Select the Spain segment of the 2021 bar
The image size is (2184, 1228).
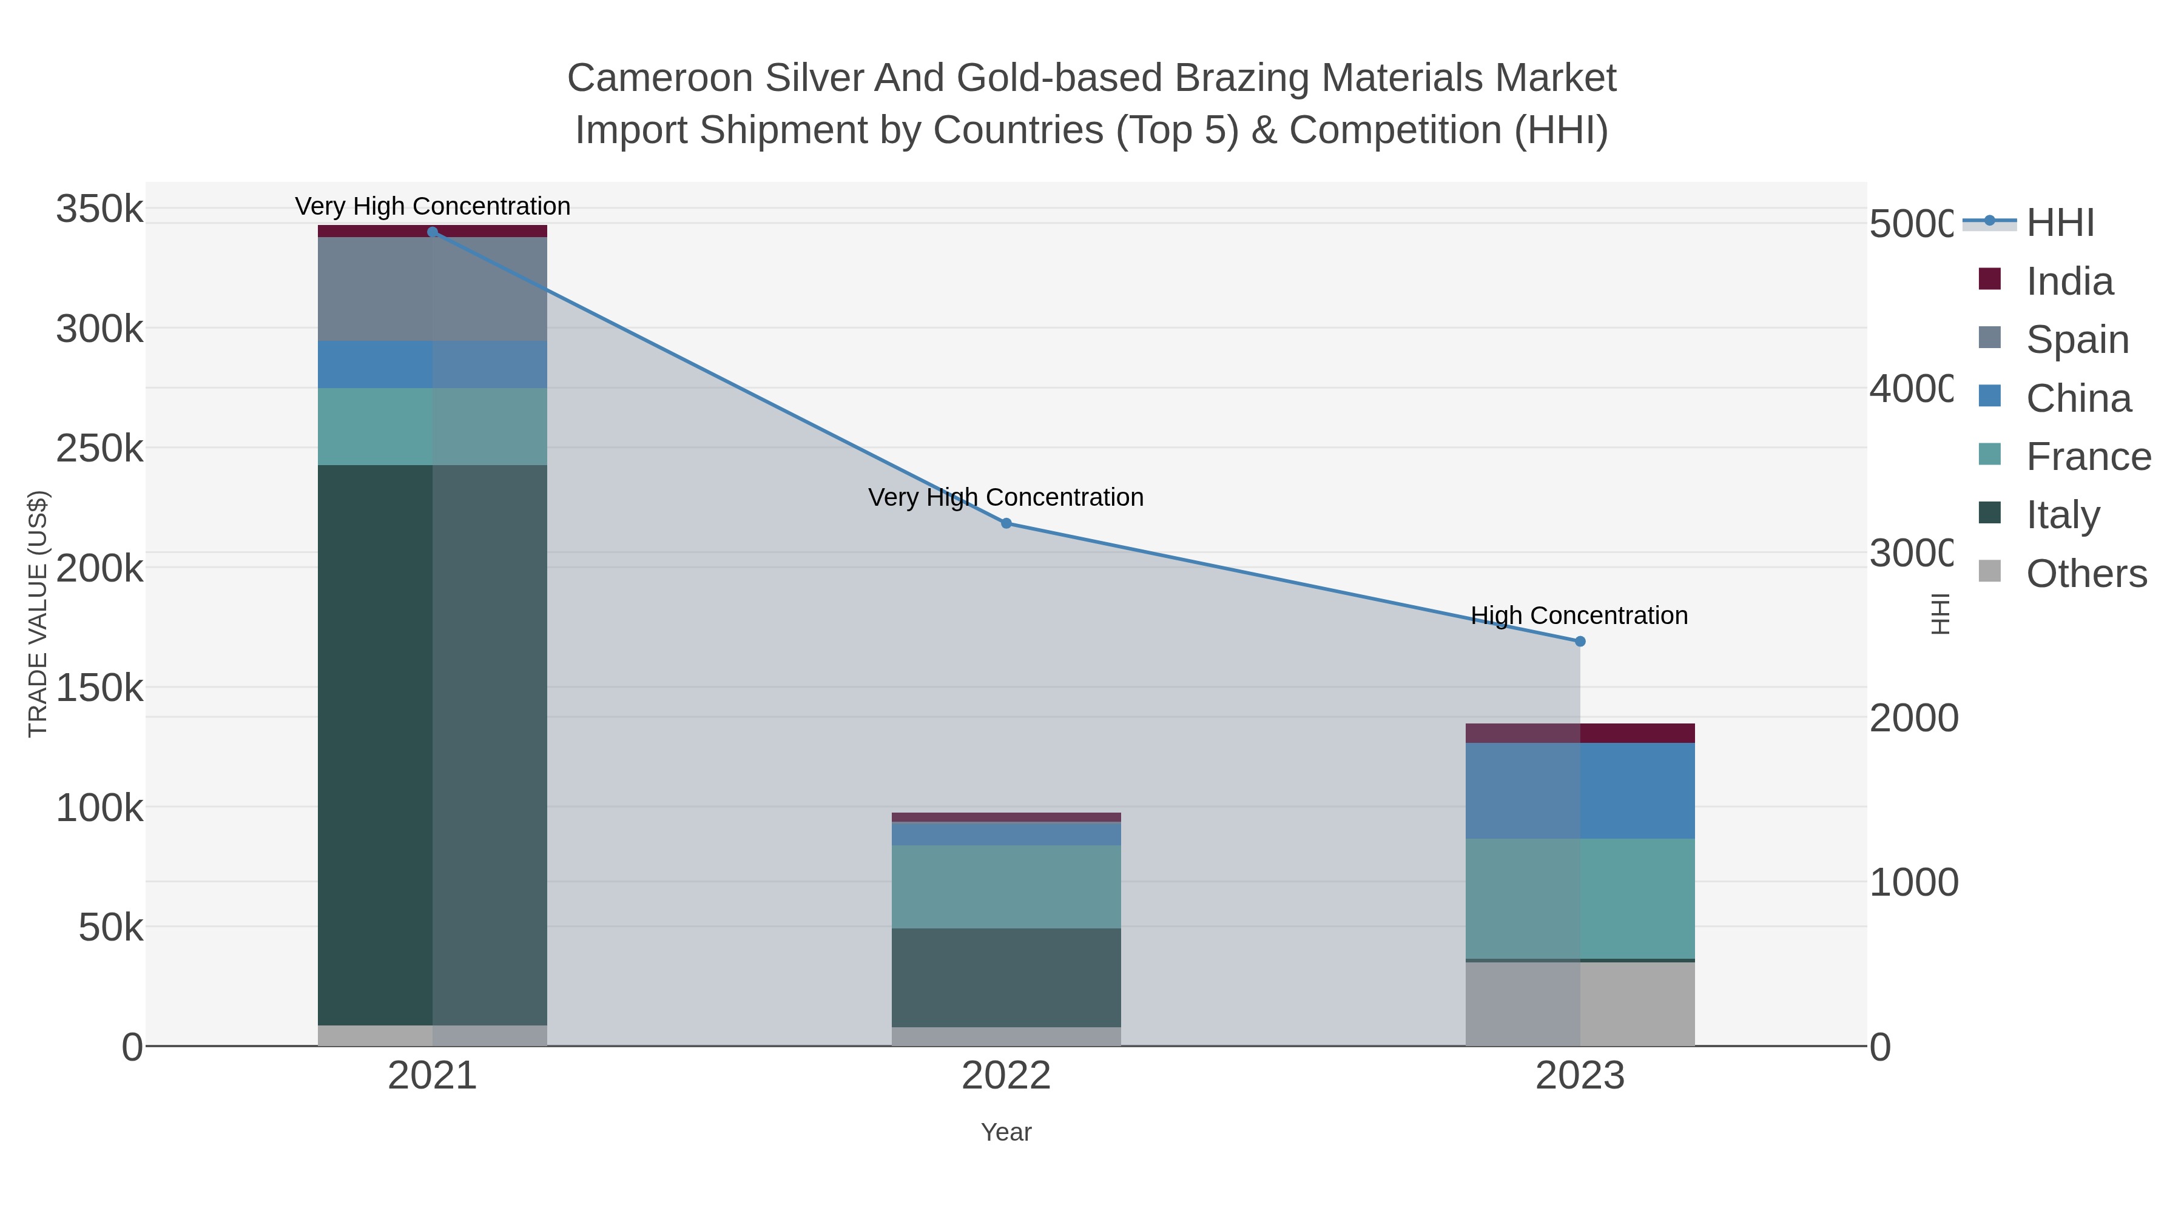pos(433,289)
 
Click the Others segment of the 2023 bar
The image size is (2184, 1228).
pos(1580,1004)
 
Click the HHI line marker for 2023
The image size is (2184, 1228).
pos(1580,642)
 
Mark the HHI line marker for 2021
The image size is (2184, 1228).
pos(433,232)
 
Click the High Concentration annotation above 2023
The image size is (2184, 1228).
pos(1579,616)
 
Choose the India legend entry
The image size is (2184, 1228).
pos(2069,281)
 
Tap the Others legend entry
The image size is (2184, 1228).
pos(2086,574)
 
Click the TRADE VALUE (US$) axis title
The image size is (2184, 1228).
pos(38,614)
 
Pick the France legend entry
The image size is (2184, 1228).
pos(2088,457)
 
